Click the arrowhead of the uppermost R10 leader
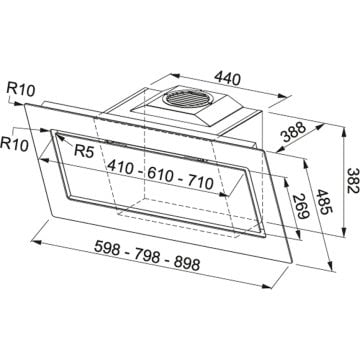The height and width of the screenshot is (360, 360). point(37,102)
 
